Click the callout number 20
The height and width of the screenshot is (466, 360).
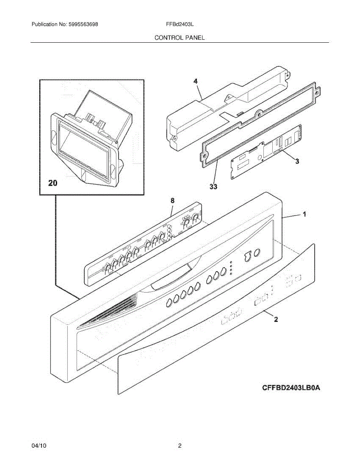pos(52,183)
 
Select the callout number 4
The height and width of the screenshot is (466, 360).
pos(195,81)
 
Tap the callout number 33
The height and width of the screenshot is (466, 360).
pos(213,187)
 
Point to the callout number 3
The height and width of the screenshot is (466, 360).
pos(297,161)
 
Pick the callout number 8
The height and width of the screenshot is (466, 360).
pos(172,200)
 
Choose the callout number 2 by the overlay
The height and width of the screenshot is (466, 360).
pos(276,320)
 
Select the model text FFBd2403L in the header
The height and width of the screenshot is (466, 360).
pos(179,24)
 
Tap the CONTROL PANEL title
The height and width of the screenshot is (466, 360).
pos(179,38)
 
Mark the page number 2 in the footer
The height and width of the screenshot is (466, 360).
pos(179,446)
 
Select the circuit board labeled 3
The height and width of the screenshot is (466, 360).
pos(266,152)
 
